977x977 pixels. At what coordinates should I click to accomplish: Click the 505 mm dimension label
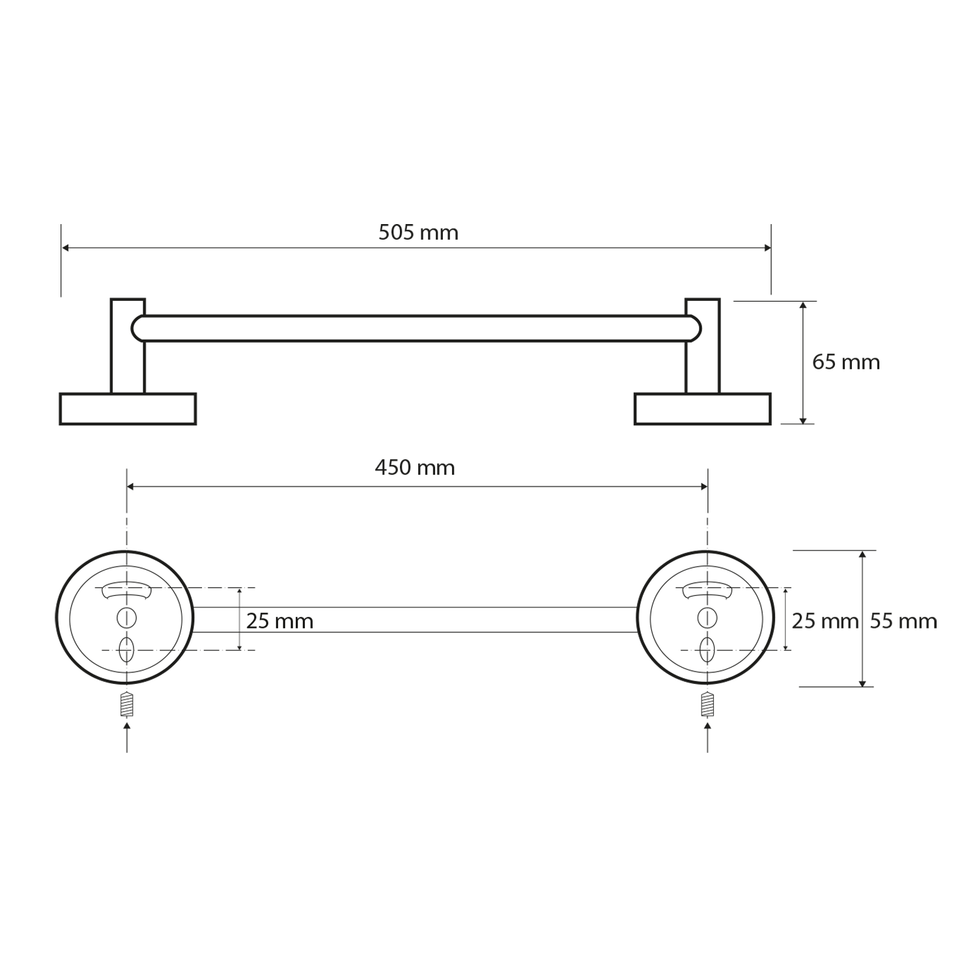[418, 233]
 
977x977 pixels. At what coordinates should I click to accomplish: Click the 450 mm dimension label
[415, 468]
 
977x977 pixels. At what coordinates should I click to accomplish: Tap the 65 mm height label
[846, 362]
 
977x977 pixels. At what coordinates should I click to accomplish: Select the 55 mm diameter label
[903, 621]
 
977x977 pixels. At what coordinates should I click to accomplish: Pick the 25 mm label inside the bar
[280, 621]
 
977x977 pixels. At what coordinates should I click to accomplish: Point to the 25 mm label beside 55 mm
[825, 621]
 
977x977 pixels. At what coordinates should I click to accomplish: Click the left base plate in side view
[128, 409]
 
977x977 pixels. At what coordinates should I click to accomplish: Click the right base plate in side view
[703, 409]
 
